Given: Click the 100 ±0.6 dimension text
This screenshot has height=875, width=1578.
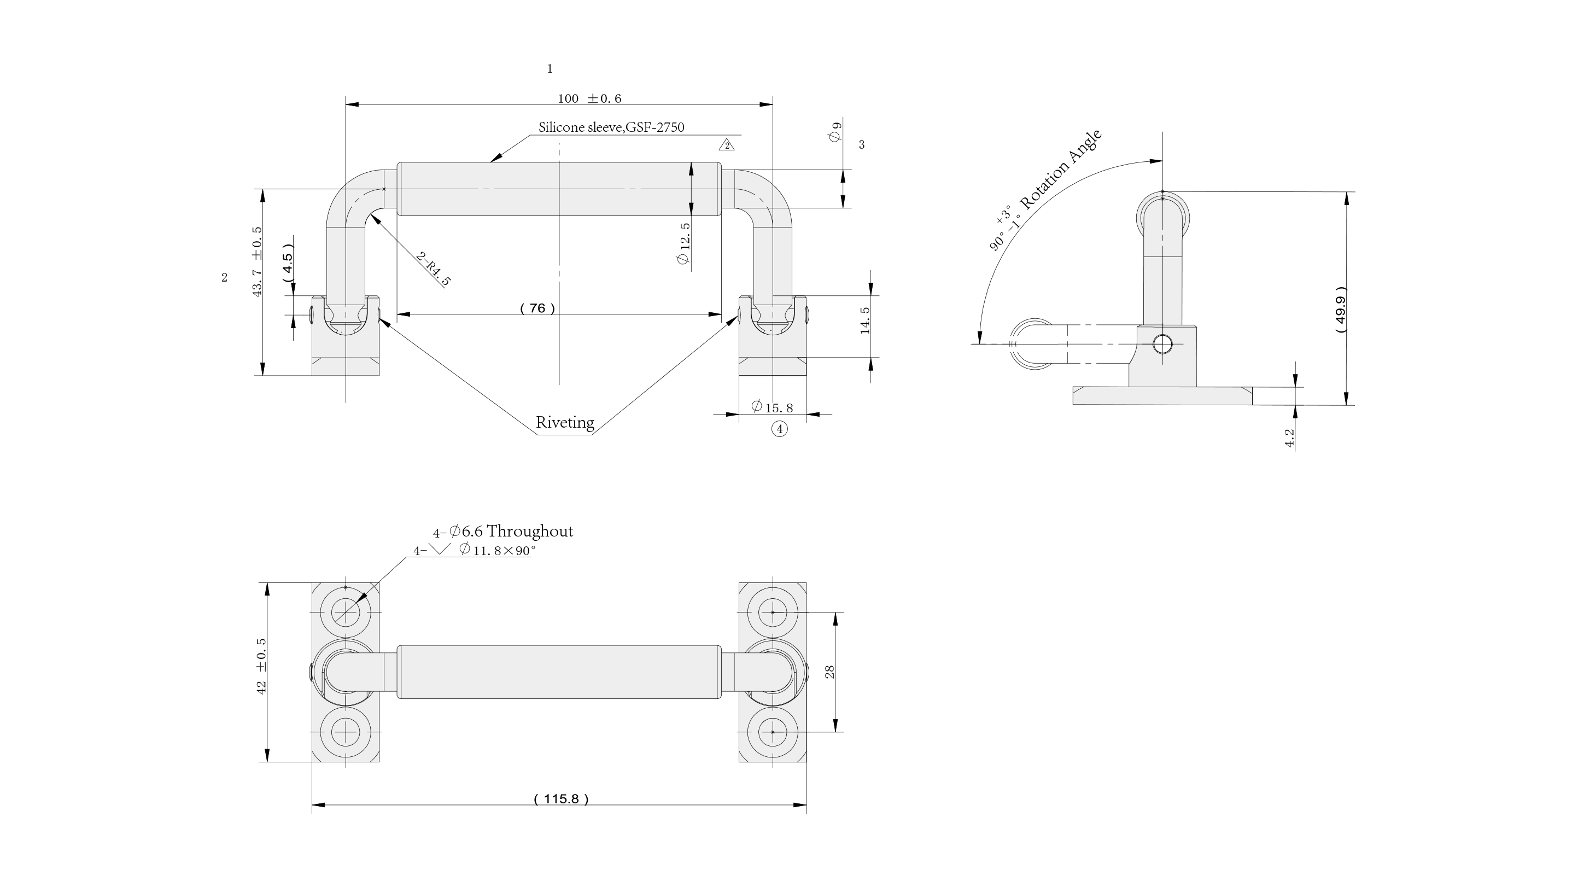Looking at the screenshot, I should (x=589, y=98).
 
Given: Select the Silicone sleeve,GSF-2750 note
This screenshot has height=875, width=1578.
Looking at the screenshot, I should (x=611, y=127).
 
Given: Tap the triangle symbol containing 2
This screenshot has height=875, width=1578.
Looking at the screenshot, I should (x=727, y=145).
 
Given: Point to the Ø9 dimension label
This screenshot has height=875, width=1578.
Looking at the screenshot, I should (x=835, y=133).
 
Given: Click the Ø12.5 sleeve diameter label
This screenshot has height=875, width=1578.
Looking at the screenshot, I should (x=684, y=243).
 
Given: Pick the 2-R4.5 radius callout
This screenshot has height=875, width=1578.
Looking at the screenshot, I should (x=434, y=269).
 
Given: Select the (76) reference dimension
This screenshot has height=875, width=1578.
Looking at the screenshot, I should (x=537, y=308).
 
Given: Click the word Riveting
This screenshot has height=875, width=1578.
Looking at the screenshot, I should (x=565, y=422).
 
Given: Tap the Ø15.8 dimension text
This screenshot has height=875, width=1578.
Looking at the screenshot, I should (x=773, y=407).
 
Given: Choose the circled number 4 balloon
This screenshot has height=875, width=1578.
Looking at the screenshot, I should (x=779, y=429).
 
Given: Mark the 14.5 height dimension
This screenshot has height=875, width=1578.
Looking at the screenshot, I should (x=865, y=320).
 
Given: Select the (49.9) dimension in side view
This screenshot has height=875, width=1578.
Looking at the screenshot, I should (x=1340, y=310).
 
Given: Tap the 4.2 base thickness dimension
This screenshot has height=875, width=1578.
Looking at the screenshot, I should (x=1289, y=438).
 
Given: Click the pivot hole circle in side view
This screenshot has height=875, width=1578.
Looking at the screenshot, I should (x=1161, y=345).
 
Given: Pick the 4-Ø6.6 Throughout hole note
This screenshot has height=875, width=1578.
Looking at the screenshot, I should (x=503, y=531).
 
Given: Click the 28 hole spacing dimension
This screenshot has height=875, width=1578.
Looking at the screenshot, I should (x=830, y=672).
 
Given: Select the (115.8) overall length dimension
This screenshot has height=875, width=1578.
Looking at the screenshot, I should (x=560, y=799).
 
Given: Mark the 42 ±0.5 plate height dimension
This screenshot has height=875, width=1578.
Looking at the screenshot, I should (x=261, y=666).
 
